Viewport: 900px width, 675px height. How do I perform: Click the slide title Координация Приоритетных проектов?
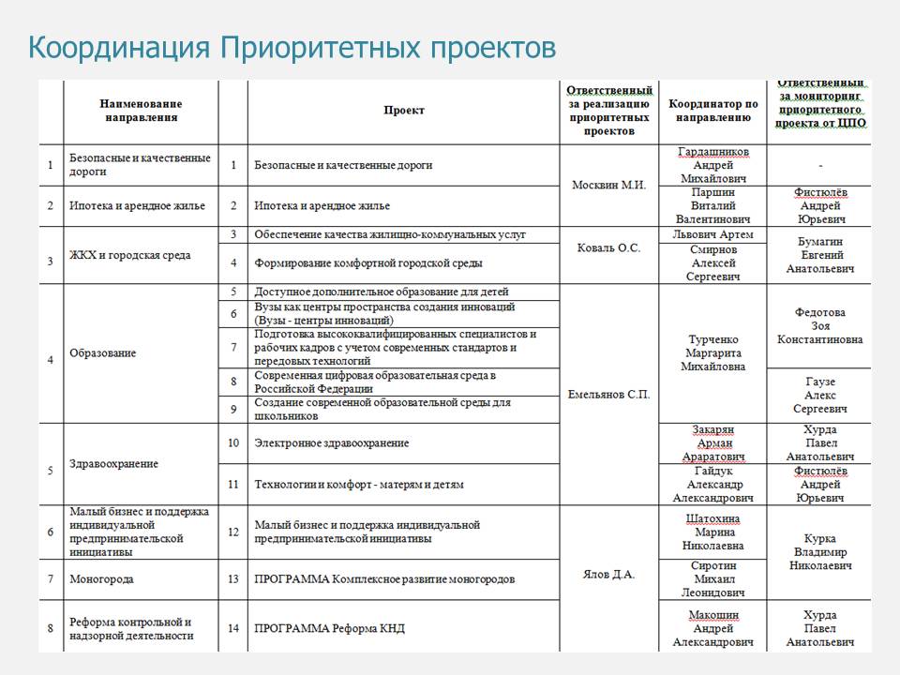pyautogui.click(x=292, y=48)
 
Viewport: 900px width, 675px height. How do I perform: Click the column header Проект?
pyautogui.click(x=404, y=111)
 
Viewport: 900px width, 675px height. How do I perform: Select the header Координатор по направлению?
pyautogui.click(x=712, y=111)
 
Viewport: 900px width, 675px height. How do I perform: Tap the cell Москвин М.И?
pyautogui.click(x=608, y=185)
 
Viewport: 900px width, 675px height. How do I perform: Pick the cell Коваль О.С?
pyautogui.click(x=608, y=248)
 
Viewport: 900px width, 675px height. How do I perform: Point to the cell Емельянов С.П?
pyautogui.click(x=608, y=395)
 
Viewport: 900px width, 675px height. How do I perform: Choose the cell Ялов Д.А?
pyautogui.click(x=608, y=574)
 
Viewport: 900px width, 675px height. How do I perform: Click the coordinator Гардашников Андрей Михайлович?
pyautogui.click(x=712, y=165)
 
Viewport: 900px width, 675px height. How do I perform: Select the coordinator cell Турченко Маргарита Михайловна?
pyautogui.click(x=712, y=352)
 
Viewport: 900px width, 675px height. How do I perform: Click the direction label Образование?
pyautogui.click(x=103, y=353)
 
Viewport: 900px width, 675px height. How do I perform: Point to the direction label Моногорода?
pyautogui.click(x=101, y=579)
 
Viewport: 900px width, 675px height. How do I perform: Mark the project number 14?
pyautogui.click(x=233, y=628)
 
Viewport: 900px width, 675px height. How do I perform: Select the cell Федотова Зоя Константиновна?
pyautogui.click(x=819, y=325)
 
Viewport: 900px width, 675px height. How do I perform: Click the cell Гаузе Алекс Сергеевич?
pyautogui.click(x=819, y=395)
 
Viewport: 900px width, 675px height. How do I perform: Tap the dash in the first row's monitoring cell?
pyautogui.click(x=819, y=165)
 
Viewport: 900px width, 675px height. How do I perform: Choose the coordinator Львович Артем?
pyautogui.click(x=712, y=234)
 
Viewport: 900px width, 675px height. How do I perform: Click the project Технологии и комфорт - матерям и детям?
pyautogui.click(x=359, y=485)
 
